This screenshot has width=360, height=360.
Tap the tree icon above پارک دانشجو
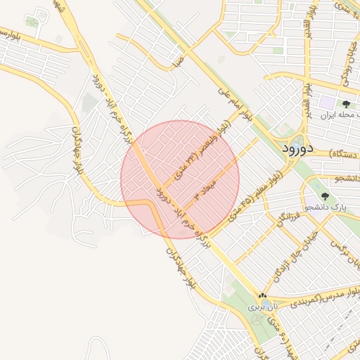pyautogui.click(x=324, y=196)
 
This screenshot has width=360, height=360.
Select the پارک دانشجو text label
pyautogui.click(x=328, y=207)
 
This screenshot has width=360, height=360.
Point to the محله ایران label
pyautogui.click(x=340, y=114)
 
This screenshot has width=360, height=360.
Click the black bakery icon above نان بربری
pyautogui.click(x=262, y=296)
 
